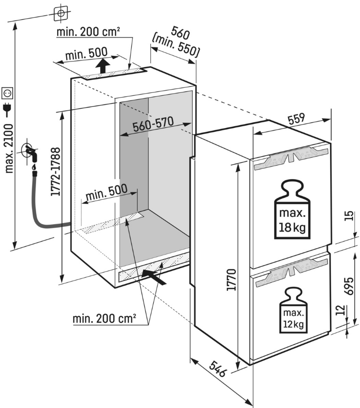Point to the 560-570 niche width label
153,125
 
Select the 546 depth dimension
217,369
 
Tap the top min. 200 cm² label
88,33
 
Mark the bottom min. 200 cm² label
104,319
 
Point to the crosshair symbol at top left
60,13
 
